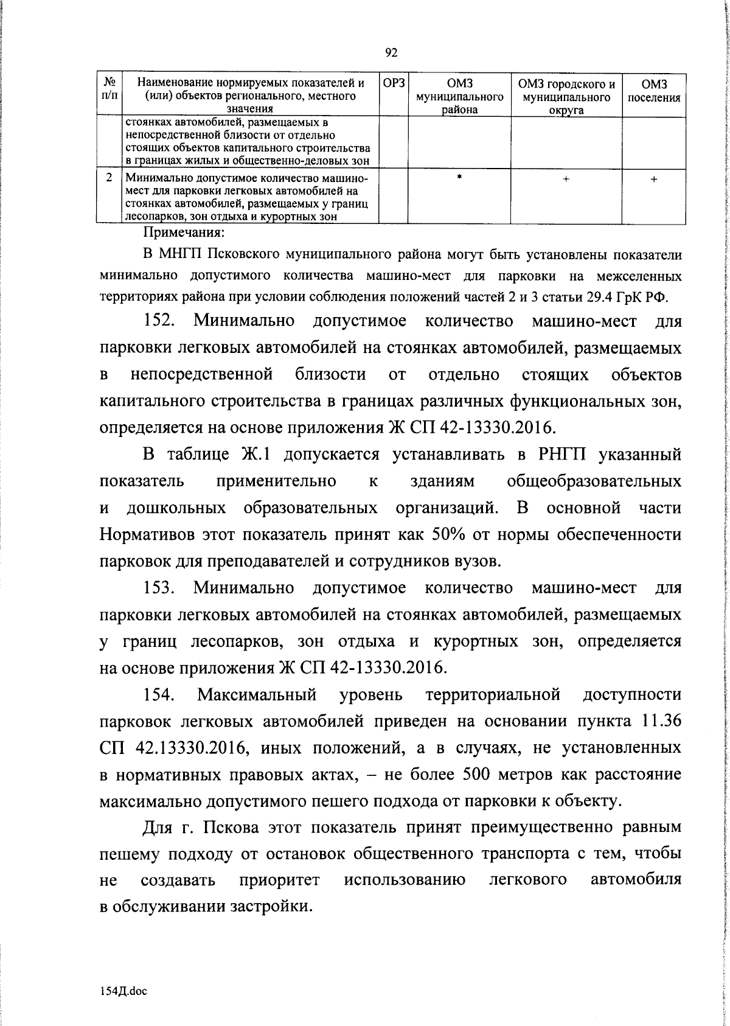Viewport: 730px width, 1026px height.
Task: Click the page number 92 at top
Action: coord(392,53)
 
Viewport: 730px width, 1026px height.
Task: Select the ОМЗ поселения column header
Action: coord(654,91)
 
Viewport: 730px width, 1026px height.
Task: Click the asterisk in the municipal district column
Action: coord(459,177)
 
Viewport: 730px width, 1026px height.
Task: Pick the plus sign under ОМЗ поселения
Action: coord(654,180)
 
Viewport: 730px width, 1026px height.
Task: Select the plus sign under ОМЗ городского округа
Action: coord(566,180)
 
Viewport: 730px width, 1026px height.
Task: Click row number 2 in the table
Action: coord(109,178)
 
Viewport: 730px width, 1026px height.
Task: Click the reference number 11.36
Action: coord(659,721)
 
